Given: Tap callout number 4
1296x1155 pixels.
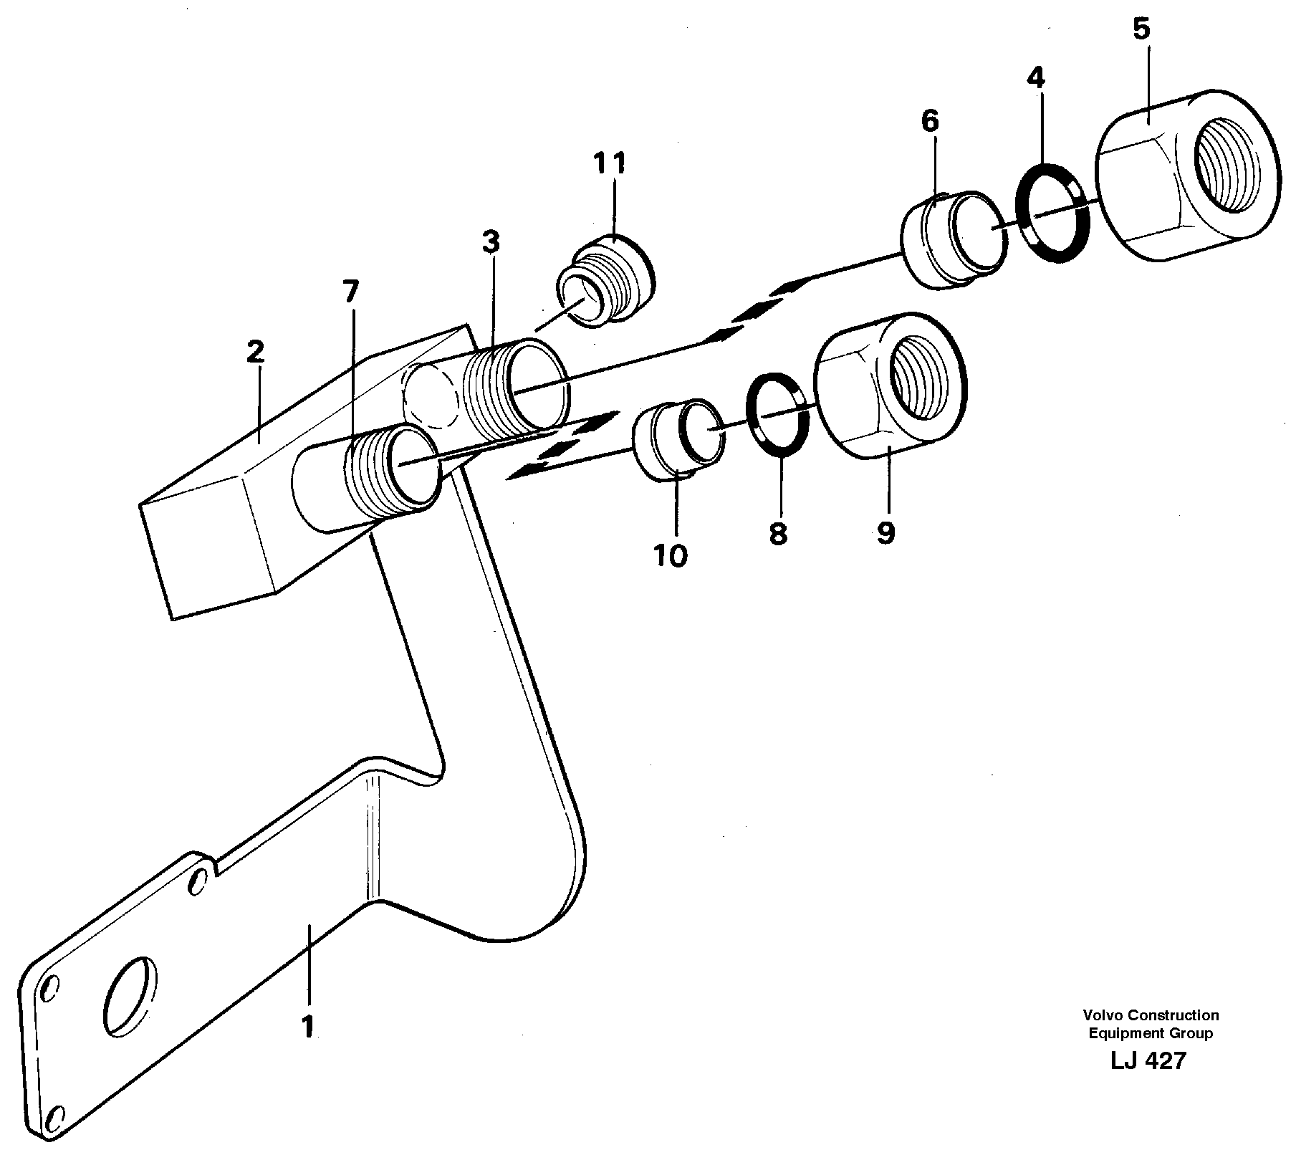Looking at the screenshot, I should click(1036, 77).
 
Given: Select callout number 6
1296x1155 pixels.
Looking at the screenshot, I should click(929, 122).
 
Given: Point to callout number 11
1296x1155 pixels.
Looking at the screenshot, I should click(609, 163).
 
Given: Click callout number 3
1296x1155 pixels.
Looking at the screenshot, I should click(490, 243).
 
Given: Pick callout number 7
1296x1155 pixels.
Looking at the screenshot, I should click(350, 292).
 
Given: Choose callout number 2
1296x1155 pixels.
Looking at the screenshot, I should click(256, 352).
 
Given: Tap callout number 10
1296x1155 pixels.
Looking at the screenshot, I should click(671, 555).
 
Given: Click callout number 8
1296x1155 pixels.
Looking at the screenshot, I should click(778, 533).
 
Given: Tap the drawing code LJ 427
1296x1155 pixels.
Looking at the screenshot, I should click(1149, 1061).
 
